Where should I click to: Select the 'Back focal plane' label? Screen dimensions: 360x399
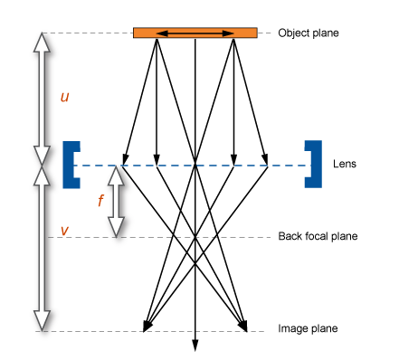(318, 236)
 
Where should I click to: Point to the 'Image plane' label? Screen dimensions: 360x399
(309, 329)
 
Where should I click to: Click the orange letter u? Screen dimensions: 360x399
(64, 96)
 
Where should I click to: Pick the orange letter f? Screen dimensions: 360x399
(101, 201)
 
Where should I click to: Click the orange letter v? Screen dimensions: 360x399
(63, 231)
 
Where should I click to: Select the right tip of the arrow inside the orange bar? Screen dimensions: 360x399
(232, 33)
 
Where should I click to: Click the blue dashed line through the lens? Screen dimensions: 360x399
(271, 166)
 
